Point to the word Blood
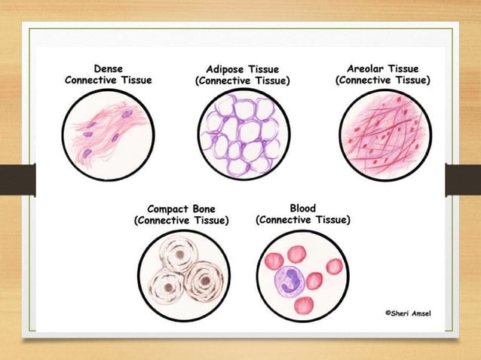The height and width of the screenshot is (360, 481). point(302,208)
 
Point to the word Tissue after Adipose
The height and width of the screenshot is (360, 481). point(271,69)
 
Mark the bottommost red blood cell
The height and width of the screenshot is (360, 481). point(303,306)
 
